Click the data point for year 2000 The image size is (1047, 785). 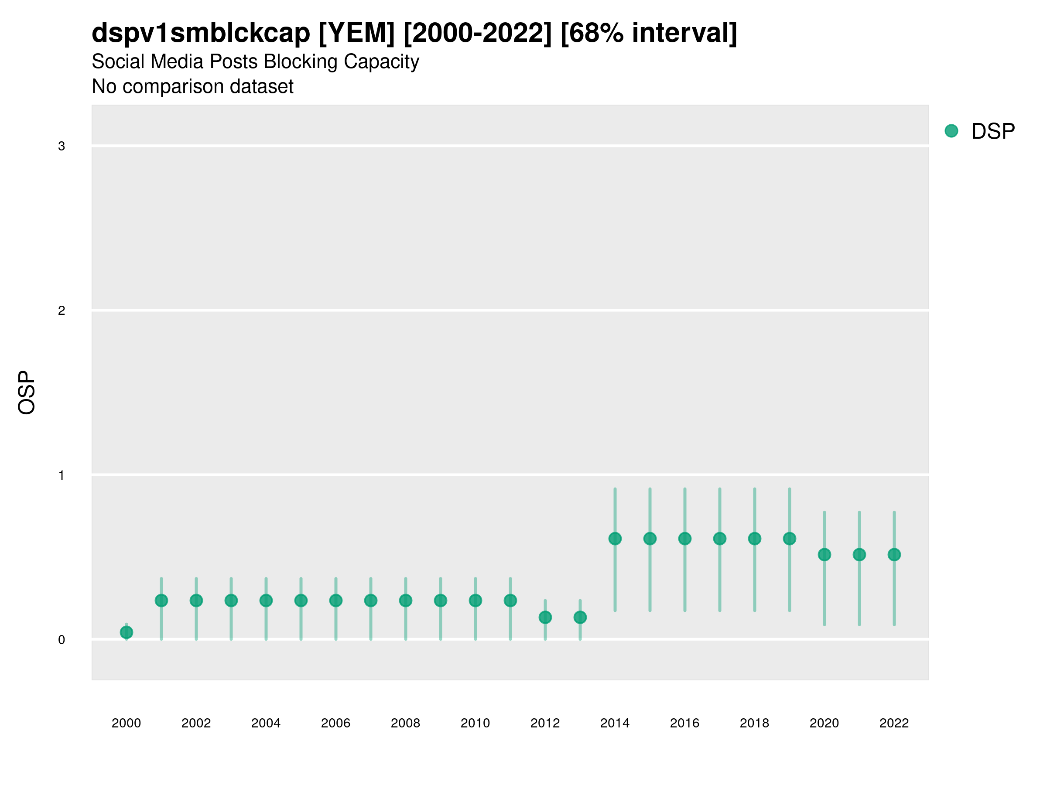tap(127, 632)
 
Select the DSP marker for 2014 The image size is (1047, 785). tap(615, 539)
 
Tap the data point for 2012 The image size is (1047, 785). tap(545, 617)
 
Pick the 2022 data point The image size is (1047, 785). tap(894, 555)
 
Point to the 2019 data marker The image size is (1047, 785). tap(790, 539)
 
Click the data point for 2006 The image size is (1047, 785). tap(335, 601)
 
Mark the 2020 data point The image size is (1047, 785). tap(825, 555)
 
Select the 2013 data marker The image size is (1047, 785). tap(580, 617)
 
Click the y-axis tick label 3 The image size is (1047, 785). tap(62, 146)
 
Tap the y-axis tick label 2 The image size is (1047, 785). tap(62, 311)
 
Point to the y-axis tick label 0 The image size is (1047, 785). tap(62, 640)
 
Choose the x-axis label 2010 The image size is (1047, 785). tap(475, 723)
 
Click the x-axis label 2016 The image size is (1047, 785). tap(684, 723)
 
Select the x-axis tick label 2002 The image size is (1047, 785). tap(196, 723)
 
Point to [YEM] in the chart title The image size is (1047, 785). tap(356, 33)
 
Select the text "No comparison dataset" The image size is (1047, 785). tap(192, 87)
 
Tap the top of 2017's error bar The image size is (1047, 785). tap(719, 489)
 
